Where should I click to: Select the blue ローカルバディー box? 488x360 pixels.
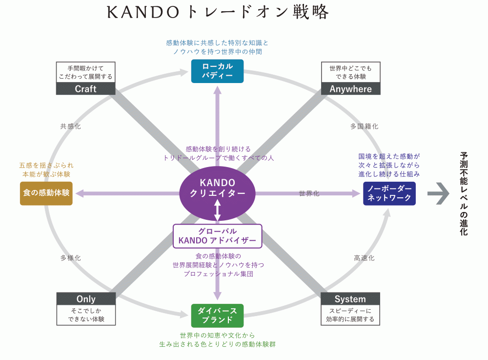(217, 71)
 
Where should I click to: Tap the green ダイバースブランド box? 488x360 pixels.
(217, 316)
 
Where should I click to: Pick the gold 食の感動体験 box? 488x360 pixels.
(46, 193)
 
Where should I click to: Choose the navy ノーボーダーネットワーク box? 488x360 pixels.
(389, 193)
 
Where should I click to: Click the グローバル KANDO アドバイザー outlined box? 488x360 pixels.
(218, 236)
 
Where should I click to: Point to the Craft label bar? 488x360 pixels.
(86, 88)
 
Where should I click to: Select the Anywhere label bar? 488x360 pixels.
(350, 88)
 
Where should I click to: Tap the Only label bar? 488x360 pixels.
(86, 299)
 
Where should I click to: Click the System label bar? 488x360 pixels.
(350, 299)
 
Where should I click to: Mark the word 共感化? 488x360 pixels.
(71, 127)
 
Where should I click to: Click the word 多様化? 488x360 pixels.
(71, 258)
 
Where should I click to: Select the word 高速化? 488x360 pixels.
(364, 258)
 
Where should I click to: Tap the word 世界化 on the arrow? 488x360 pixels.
(309, 193)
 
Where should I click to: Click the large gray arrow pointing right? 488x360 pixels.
(438, 193)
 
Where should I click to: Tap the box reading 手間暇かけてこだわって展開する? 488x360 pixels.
(86, 72)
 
